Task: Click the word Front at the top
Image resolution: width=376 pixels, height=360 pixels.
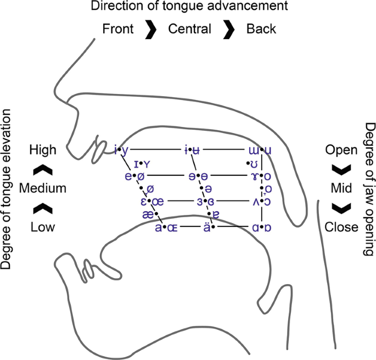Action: (x=118, y=29)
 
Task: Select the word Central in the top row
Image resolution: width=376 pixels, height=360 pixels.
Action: (x=190, y=29)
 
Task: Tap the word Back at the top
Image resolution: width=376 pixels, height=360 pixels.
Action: (x=261, y=29)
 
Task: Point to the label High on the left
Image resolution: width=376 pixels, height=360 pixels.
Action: (x=43, y=149)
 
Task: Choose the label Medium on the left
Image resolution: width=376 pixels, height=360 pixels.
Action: (x=43, y=188)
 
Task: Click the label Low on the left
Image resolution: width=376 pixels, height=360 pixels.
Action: (x=43, y=227)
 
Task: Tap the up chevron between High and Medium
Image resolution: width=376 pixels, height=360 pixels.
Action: (x=43, y=169)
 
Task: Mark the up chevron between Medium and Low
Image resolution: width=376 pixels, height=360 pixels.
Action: (x=43, y=208)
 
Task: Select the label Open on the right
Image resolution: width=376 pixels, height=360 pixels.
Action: (x=341, y=149)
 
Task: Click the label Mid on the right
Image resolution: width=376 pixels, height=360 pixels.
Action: (x=341, y=188)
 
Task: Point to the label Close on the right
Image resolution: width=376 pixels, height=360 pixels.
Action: (x=341, y=227)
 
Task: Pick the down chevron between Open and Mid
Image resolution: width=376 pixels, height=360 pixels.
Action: (x=341, y=169)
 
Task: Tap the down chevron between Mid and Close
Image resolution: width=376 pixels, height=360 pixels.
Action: (x=341, y=208)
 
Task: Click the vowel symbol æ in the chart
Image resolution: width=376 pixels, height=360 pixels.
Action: (x=148, y=215)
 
